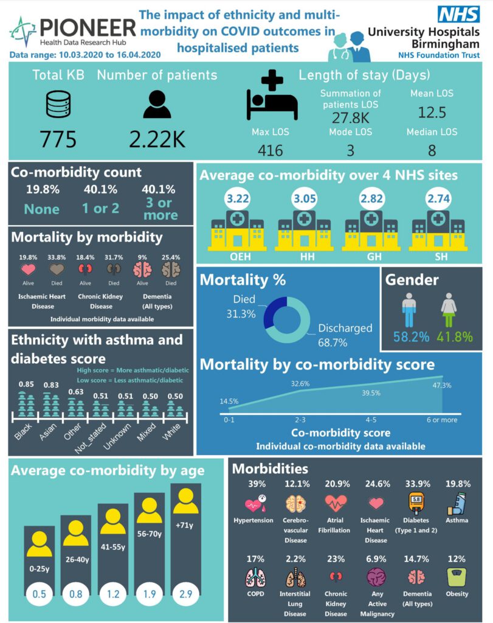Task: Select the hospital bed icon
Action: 272,96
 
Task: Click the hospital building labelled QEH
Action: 236,229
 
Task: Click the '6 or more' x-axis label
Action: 441,420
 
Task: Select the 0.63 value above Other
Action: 75,391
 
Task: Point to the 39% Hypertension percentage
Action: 253,484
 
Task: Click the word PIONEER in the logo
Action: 88,27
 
